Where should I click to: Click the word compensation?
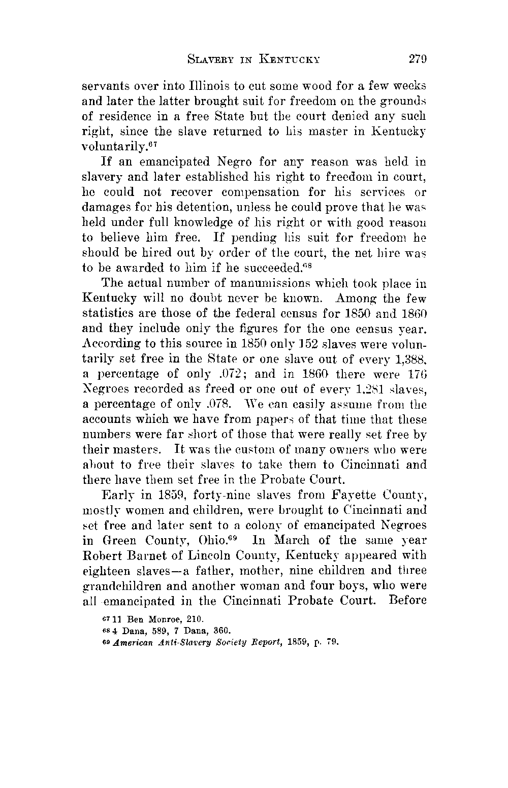click(261, 192)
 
